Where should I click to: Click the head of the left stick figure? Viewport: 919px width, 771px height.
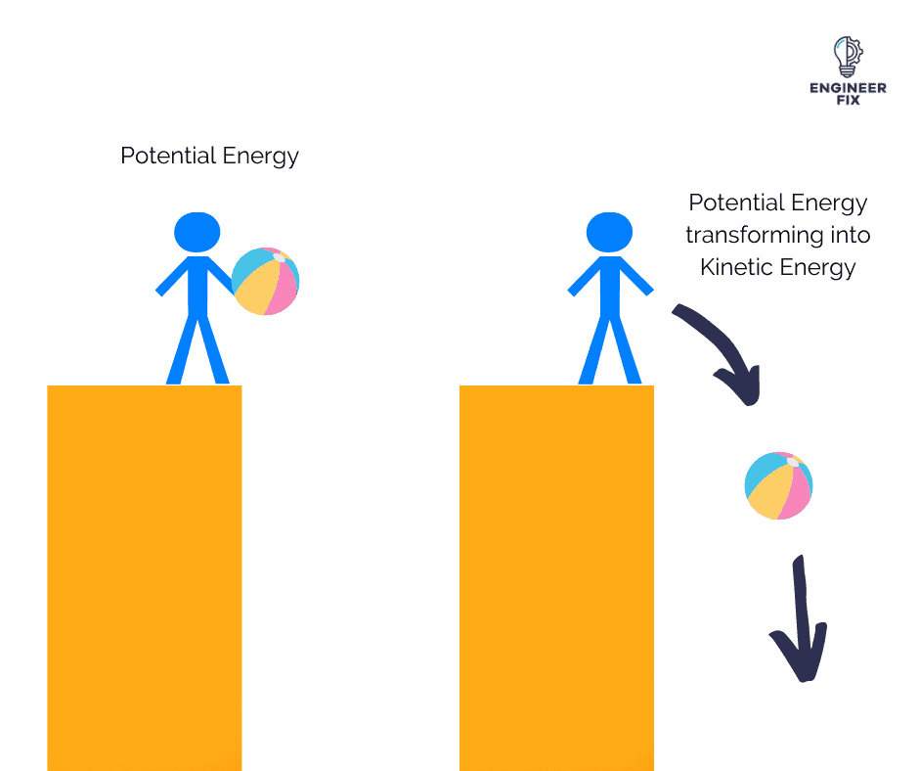(x=197, y=232)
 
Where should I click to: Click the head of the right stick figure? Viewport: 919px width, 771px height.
(x=609, y=232)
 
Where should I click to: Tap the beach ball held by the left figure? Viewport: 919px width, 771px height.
(x=266, y=281)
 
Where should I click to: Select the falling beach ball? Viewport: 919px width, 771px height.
(x=778, y=486)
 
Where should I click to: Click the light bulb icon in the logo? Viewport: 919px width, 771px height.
(x=848, y=57)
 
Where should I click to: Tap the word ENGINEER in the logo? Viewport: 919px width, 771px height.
(x=848, y=88)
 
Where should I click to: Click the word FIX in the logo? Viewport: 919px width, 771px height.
(x=848, y=101)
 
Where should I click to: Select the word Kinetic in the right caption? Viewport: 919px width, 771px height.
(x=735, y=267)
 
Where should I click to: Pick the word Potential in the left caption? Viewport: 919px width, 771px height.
(x=168, y=156)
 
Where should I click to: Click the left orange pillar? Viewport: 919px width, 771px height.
(x=144, y=578)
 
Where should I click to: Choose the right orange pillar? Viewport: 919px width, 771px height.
(x=557, y=578)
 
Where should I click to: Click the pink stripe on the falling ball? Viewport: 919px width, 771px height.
(x=796, y=494)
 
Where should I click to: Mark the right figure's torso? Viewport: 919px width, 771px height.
(x=609, y=288)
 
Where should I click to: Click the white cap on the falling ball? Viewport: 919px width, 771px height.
(x=793, y=463)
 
